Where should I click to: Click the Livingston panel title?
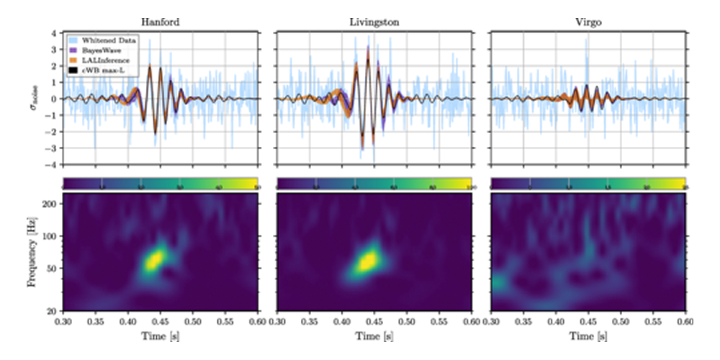click(x=374, y=22)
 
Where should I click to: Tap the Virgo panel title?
click(x=588, y=22)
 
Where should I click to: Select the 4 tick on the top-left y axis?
click(x=55, y=32)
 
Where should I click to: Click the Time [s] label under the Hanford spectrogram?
click(x=160, y=336)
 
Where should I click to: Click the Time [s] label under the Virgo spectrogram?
click(x=588, y=336)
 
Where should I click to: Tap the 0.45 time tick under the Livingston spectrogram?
click(x=374, y=324)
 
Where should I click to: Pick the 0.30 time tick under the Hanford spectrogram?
click(x=63, y=324)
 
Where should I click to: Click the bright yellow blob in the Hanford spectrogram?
click(x=155, y=259)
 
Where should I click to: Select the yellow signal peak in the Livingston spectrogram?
click(x=369, y=261)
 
